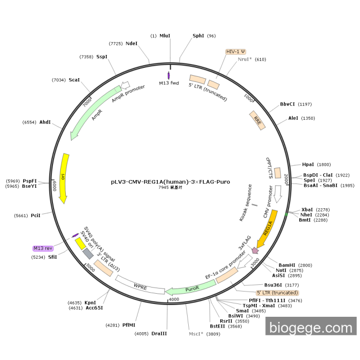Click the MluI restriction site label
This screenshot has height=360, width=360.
coord(165,36)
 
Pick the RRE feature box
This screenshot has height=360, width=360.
coord(257,119)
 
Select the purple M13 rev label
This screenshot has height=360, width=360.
coord(43,248)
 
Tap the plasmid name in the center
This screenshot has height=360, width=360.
coord(170,182)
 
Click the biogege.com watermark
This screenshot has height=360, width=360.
coord(311,327)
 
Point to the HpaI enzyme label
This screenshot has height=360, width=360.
coord(308,165)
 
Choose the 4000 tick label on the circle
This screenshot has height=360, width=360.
coord(174,299)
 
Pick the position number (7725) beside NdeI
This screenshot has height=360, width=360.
coord(116,44)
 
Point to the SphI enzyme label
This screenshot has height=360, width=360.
coord(198,36)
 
